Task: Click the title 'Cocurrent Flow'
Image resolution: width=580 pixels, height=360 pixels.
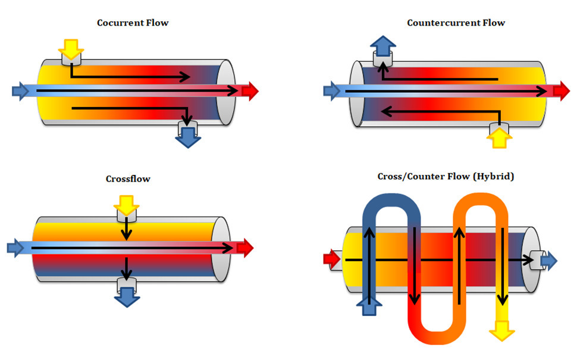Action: pyautogui.click(x=133, y=23)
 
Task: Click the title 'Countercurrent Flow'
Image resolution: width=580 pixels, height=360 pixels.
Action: pyautogui.click(x=456, y=23)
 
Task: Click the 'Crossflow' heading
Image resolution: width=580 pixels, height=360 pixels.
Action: pyautogui.click(x=128, y=179)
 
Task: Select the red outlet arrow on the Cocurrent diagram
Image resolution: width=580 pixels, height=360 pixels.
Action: pyautogui.click(x=249, y=91)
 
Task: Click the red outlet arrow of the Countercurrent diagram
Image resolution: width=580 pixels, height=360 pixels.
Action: pyautogui.click(x=561, y=91)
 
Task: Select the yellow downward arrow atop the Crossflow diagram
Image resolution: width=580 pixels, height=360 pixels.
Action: pyautogui.click(x=126, y=206)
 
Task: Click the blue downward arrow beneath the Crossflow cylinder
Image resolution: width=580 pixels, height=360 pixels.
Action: pyautogui.click(x=126, y=296)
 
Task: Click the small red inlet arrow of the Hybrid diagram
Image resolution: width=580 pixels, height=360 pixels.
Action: pyautogui.click(x=331, y=259)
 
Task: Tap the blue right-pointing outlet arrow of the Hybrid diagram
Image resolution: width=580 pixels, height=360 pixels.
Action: pyautogui.click(x=548, y=260)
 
